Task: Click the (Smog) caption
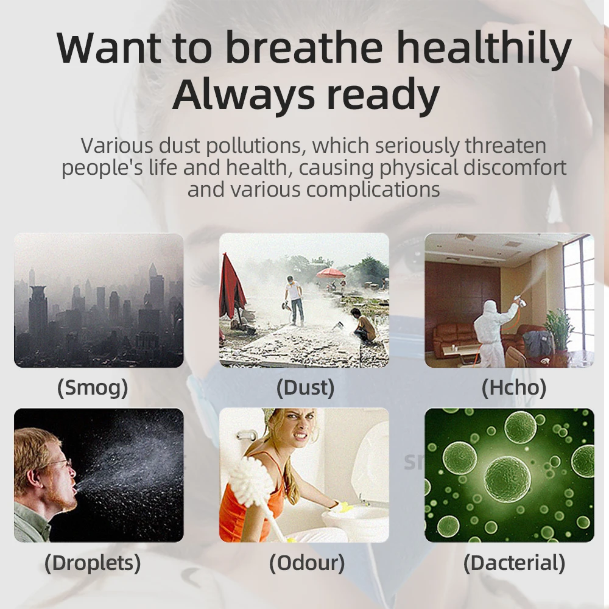[x=93, y=387]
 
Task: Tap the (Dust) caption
[x=305, y=387]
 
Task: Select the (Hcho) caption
[x=514, y=387]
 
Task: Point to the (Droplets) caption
[x=93, y=563]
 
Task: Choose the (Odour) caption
[x=307, y=563]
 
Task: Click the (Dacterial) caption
[x=514, y=563]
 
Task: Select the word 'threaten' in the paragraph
[x=505, y=146]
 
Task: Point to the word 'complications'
[x=373, y=190]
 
